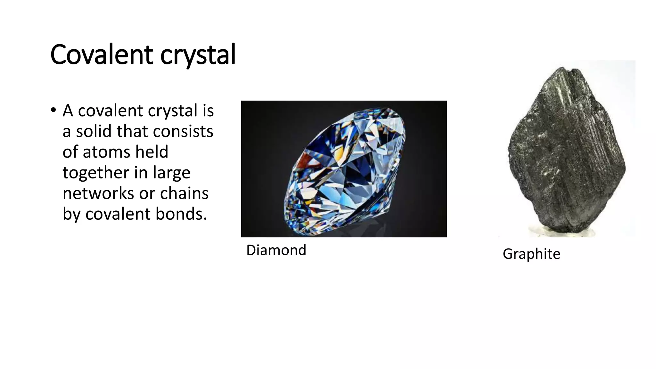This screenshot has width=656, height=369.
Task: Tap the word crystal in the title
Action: [198, 55]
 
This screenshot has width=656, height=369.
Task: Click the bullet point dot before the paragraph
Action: [53, 110]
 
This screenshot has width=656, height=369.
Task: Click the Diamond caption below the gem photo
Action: [276, 250]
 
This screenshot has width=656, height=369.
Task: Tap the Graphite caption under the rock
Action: [531, 254]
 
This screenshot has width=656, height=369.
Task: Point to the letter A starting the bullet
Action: [68, 111]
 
